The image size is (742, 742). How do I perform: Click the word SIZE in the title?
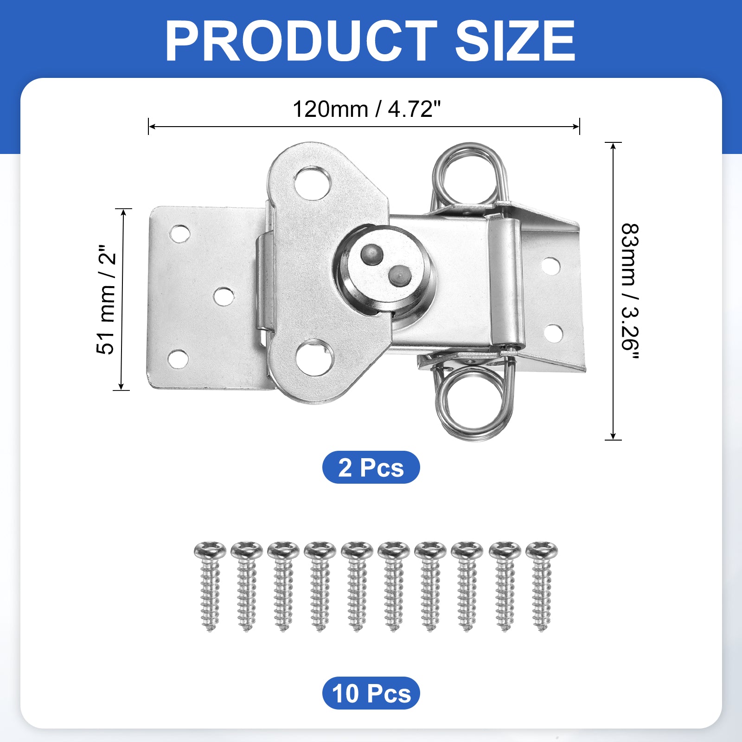click(x=515, y=41)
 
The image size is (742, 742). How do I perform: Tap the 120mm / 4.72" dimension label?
click(x=366, y=109)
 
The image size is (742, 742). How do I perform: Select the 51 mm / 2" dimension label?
click(x=106, y=300)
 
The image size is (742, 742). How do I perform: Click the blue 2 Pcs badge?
click(x=371, y=467)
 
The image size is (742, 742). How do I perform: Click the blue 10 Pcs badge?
click(x=371, y=693)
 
